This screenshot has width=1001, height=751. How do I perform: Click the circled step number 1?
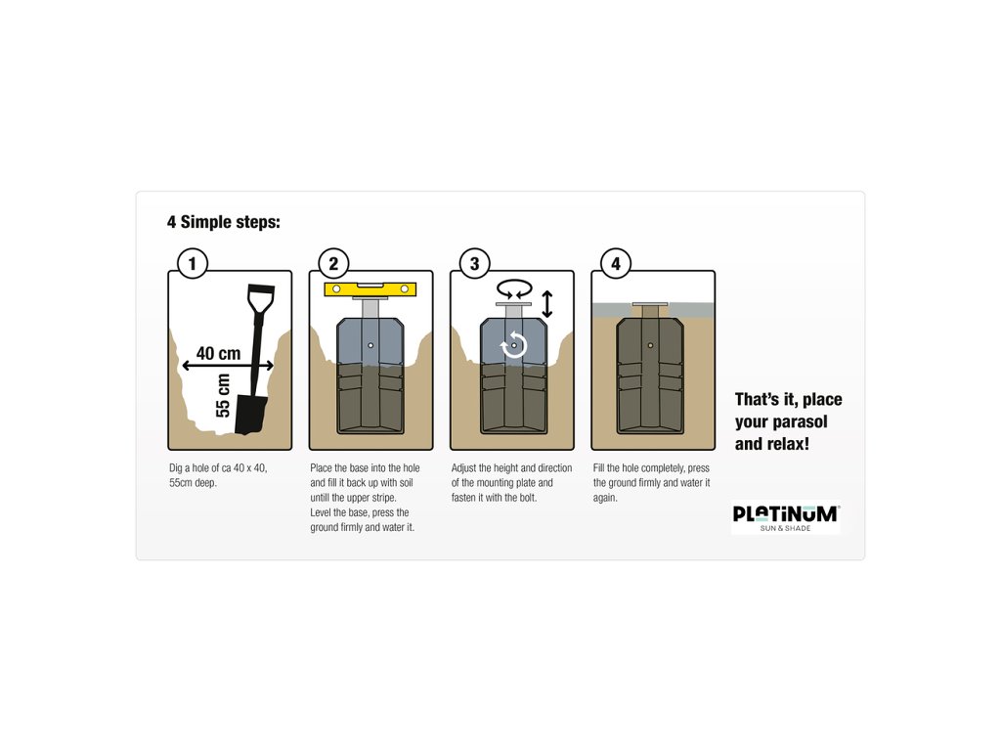tap(193, 263)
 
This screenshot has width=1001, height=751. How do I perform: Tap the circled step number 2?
tap(333, 263)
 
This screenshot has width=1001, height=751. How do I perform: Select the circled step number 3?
tap(474, 263)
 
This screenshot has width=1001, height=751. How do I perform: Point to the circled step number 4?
tap(616, 263)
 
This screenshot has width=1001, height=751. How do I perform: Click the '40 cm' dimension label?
tap(218, 353)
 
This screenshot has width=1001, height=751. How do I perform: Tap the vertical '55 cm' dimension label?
tap(223, 395)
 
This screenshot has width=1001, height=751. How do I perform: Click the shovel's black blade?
tap(251, 415)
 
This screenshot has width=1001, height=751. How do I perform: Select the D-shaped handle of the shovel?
tap(260, 299)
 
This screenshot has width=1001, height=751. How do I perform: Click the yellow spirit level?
tap(370, 289)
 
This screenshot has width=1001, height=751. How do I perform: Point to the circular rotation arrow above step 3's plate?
tap(514, 289)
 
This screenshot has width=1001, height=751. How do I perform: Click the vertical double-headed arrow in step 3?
tap(547, 304)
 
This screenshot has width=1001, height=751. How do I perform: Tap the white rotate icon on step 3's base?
tap(514, 345)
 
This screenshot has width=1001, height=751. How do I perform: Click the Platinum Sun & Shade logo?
tap(785, 517)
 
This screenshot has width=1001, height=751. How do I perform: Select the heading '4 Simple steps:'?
tap(224, 222)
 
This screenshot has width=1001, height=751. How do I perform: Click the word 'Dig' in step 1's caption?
tap(176, 468)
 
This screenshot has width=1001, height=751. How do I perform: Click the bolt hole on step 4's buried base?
tap(650, 345)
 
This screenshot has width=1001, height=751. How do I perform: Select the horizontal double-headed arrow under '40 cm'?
tap(228, 366)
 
